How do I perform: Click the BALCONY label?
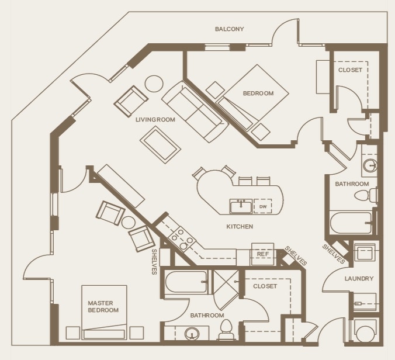(x=229, y=29)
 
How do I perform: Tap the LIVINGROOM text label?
(x=155, y=120)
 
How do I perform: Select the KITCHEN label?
(x=240, y=226)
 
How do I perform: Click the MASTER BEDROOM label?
(x=103, y=306)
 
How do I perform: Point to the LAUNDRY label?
(x=359, y=279)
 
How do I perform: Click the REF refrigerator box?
(x=262, y=254)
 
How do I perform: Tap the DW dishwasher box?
(x=263, y=206)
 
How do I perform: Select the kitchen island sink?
(x=241, y=206)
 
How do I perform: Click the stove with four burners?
(x=181, y=240)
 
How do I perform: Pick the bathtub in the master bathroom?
(x=186, y=282)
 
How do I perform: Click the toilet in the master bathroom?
(x=226, y=331)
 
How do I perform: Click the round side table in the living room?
(x=154, y=84)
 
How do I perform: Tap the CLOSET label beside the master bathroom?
(x=265, y=286)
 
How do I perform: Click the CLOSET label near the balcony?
(x=350, y=70)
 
